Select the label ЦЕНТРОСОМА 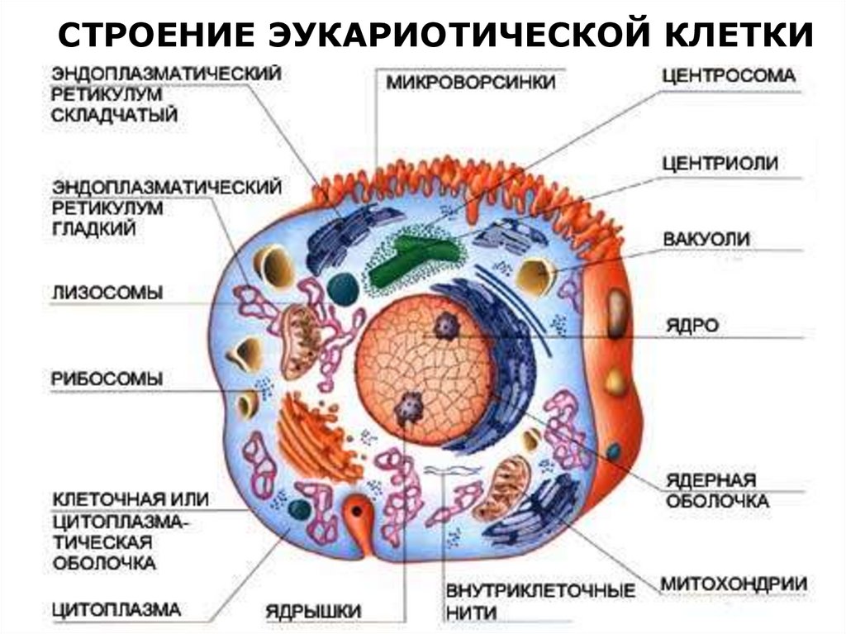[x=729, y=75]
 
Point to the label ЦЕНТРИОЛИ [x=719, y=163]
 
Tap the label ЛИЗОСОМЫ [x=107, y=293]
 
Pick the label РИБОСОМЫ [x=107, y=379]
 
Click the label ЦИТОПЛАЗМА [x=116, y=610]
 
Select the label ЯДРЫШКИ [x=313, y=612]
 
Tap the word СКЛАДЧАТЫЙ [x=114, y=116]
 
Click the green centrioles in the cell [x=413, y=258]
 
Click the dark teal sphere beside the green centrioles [x=343, y=287]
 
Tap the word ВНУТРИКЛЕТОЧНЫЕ [x=540, y=591]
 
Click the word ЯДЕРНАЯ [x=711, y=481]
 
